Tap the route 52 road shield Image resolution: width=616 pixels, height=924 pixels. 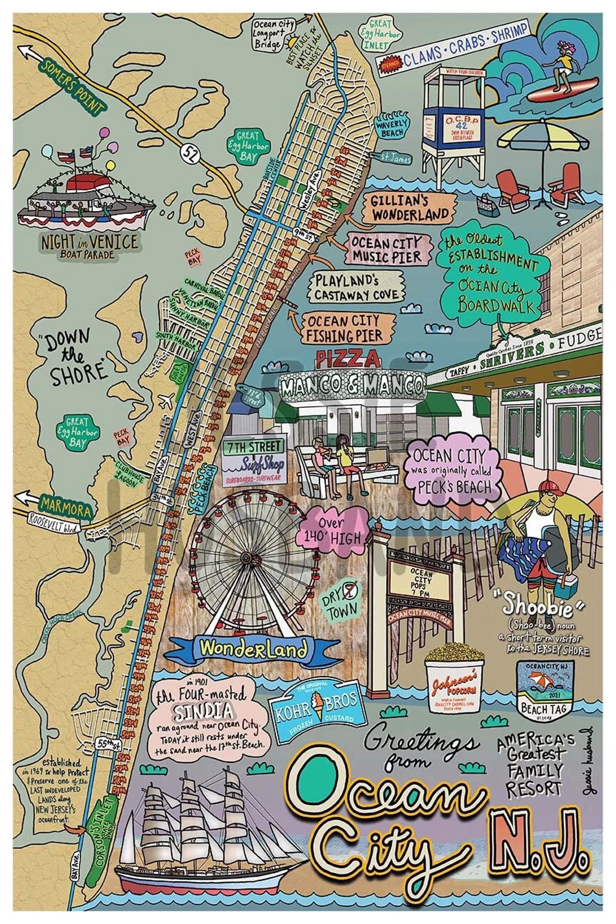188,152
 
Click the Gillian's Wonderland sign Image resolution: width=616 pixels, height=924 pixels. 410,207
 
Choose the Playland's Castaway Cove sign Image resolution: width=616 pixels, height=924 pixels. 355,287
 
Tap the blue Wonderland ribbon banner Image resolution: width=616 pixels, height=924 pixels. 253,649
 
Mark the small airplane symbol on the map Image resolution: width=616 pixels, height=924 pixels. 167,400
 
